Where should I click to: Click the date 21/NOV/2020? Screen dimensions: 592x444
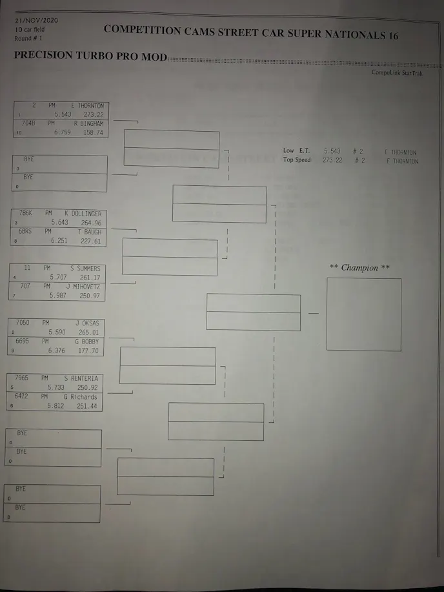pyautogui.click(x=36, y=20)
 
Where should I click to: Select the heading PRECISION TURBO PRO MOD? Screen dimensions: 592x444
pyautogui.click(x=90, y=56)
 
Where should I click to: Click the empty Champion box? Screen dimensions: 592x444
pyautogui.click(x=363, y=314)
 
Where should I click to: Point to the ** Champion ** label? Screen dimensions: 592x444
pyautogui.click(x=359, y=268)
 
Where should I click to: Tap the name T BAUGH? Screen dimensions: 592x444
pyautogui.click(x=92, y=232)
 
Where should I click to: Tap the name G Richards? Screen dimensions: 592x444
pyautogui.click(x=80, y=396)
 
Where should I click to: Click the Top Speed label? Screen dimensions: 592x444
pyautogui.click(x=296, y=160)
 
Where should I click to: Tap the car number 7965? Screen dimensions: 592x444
pyautogui.click(x=22, y=378)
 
